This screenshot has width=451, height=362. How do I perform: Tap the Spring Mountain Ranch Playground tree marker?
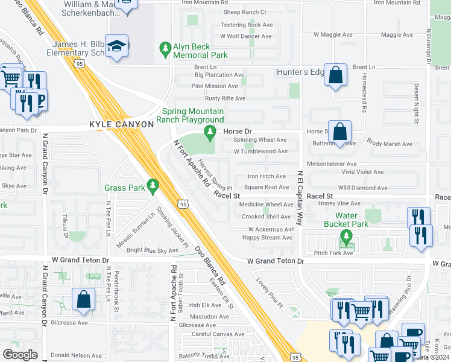(x=210, y=131)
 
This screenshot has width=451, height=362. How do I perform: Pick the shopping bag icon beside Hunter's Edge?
(x=336, y=75)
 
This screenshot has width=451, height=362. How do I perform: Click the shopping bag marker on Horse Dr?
(x=341, y=132)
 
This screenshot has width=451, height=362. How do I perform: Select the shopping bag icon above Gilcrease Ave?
(x=83, y=300)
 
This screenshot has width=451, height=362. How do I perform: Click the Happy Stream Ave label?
(x=267, y=238)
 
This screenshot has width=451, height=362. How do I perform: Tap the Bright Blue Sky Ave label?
(x=153, y=250)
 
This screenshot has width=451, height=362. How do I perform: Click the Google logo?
(x=20, y=355)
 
